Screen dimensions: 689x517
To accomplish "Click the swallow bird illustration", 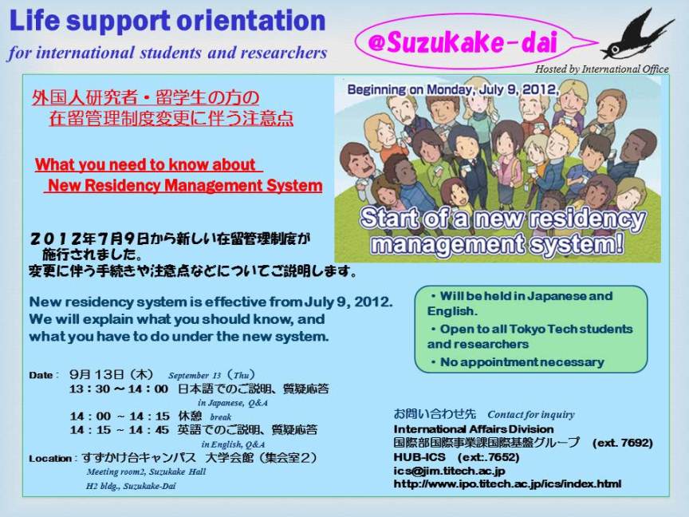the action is click(x=637, y=36).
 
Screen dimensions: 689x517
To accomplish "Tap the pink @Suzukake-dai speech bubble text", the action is click(x=463, y=42).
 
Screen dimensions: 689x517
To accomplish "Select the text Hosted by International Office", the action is click(x=601, y=69).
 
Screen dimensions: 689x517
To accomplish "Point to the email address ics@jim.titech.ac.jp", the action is click(x=449, y=471).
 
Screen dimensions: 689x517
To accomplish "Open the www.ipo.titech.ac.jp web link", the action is click(x=507, y=484).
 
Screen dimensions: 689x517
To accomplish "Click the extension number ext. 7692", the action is click(x=623, y=443).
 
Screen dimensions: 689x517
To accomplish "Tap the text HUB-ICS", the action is click(x=419, y=457).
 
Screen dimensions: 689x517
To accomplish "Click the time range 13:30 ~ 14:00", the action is click(x=119, y=389).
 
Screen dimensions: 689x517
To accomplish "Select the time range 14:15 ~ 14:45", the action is click(x=119, y=430).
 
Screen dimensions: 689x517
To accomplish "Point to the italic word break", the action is click(x=220, y=416).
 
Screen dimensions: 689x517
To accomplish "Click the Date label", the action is click(x=42, y=376).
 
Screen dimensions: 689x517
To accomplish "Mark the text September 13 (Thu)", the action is click(x=211, y=376).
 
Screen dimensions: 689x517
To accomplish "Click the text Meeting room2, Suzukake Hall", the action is click(x=146, y=472).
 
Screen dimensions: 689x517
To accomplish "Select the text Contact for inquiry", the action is click(x=531, y=415).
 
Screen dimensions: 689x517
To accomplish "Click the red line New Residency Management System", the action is click(x=184, y=186).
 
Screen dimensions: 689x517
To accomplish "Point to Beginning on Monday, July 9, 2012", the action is click(x=453, y=89).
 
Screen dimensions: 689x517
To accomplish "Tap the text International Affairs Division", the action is click(x=474, y=429).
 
